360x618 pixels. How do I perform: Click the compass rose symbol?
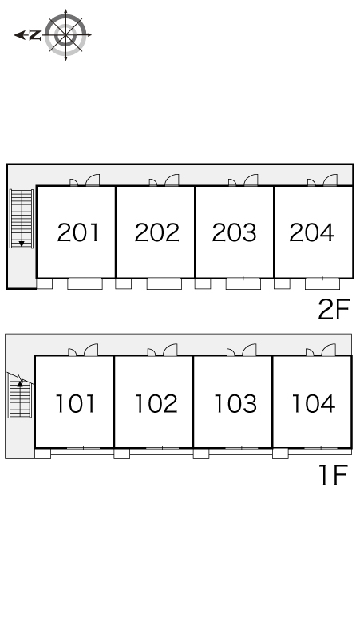[x=65, y=34]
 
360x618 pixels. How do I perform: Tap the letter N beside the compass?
[x=35, y=35]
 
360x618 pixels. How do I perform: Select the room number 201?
[x=77, y=232]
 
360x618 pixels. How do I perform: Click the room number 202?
[x=156, y=232]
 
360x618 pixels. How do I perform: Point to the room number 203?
[x=235, y=232]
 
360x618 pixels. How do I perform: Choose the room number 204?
[x=312, y=232]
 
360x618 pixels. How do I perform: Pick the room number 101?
[x=75, y=403]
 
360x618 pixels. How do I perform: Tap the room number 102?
[x=156, y=403]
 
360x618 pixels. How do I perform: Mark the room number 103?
[x=235, y=403]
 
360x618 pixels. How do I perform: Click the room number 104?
[x=314, y=403]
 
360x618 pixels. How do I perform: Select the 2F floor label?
[x=334, y=309]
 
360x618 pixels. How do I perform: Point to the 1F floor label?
[x=334, y=475]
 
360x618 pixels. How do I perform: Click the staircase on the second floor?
[x=22, y=219]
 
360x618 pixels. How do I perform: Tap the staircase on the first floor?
[x=20, y=395]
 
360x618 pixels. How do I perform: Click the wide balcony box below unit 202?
[x=164, y=283]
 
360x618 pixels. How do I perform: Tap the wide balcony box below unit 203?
[x=243, y=283]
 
